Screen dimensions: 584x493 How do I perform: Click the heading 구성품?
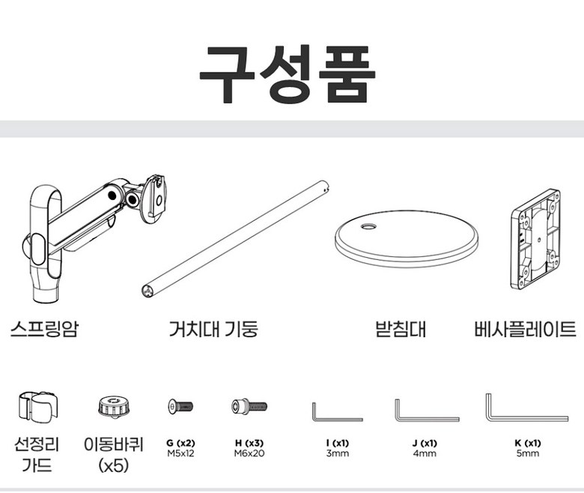[x=288, y=74]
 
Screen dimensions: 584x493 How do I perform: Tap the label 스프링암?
[x=45, y=329]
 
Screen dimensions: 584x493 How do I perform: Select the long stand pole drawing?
[x=235, y=238]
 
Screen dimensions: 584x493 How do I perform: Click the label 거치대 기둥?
[x=213, y=329]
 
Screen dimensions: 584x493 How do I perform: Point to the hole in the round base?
[x=368, y=226]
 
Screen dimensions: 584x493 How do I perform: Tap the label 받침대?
[x=401, y=329]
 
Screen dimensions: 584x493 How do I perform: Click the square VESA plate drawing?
[x=535, y=240]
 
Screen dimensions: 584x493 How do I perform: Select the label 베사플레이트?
[x=525, y=329]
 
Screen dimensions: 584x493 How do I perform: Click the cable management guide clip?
[x=38, y=408]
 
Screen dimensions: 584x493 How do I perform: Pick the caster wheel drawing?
[x=114, y=407]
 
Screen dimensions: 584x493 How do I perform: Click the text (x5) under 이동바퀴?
[x=114, y=465]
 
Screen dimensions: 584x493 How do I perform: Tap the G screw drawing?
[x=180, y=406]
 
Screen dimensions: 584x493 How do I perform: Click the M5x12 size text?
[x=180, y=453]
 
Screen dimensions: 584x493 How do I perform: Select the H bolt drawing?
[x=249, y=406]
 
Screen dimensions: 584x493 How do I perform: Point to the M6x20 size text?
[x=249, y=453]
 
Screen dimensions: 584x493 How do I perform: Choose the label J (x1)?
[x=425, y=443]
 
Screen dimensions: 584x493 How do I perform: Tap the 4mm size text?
[x=425, y=453]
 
